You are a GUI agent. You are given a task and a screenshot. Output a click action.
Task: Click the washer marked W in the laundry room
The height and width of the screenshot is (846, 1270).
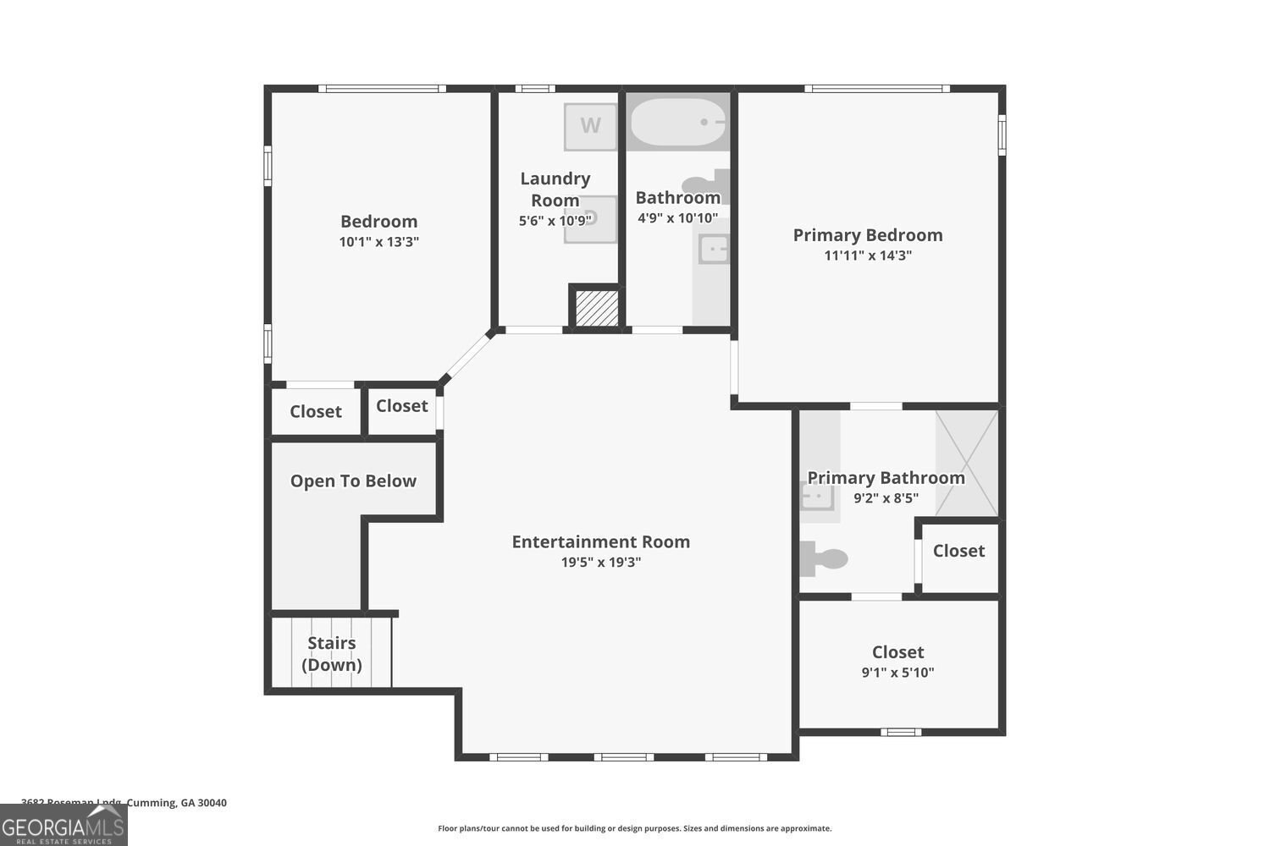pos(590,126)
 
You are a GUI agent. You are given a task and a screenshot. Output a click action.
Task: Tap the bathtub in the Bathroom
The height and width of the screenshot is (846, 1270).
pos(677,123)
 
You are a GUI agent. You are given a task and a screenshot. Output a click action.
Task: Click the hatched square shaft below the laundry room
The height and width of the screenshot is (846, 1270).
pos(597,308)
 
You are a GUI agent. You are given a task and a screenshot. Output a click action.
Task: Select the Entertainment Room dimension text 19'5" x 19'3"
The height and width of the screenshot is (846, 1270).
pos(601,563)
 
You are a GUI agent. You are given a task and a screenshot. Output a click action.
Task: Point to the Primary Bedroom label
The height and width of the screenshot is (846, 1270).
pos(867,235)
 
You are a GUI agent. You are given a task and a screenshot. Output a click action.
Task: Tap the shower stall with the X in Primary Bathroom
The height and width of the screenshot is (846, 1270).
pos(967,463)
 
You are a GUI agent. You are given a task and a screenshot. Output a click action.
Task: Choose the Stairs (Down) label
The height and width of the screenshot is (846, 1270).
pos(332,654)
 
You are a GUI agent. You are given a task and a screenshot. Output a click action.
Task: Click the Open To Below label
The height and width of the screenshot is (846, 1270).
pos(353,481)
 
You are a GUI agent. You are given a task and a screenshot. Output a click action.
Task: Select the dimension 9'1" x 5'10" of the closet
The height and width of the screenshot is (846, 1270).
pos(897,673)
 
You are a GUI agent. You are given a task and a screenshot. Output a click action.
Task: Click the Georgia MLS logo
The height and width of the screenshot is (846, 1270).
pos(63,825)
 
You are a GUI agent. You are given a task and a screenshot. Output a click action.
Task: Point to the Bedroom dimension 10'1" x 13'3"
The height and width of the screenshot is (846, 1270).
pos(378,242)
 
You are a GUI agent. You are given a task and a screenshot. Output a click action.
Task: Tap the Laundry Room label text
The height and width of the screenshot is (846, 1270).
pos(555,190)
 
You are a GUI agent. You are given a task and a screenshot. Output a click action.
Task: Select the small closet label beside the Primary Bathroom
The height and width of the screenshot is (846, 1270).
pos(958,551)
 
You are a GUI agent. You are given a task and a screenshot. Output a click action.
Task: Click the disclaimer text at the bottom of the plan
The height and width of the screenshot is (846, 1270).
pos(634,829)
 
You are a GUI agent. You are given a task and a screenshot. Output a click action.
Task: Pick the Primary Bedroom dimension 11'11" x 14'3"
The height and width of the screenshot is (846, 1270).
pos(867,255)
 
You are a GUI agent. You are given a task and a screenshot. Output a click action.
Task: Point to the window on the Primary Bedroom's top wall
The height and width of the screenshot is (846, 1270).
pos(876,88)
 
